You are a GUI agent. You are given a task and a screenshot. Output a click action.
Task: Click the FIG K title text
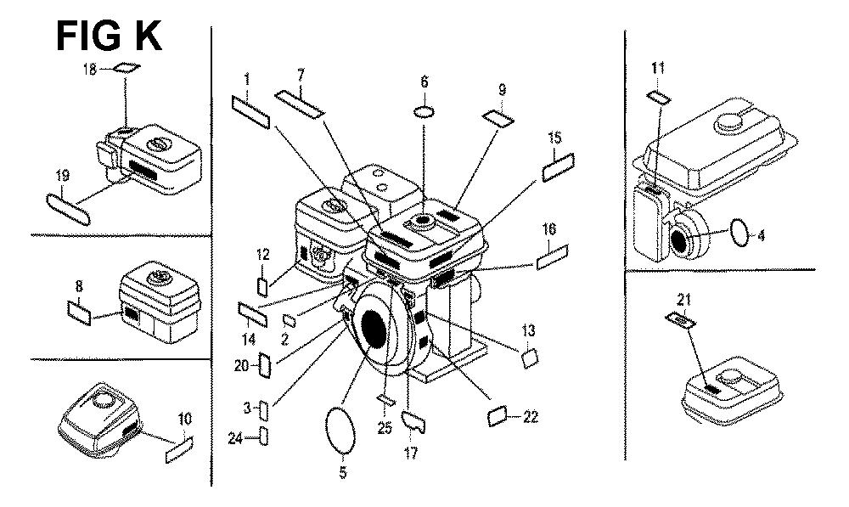click(x=108, y=36)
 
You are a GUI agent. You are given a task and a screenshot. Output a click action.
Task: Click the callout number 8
click(x=78, y=287)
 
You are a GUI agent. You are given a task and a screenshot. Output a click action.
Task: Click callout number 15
click(x=554, y=138)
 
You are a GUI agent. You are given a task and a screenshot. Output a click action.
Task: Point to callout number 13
click(x=528, y=330)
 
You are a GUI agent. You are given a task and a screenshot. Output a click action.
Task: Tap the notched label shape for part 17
click(x=413, y=419)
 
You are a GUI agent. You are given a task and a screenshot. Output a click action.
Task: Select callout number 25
click(x=385, y=429)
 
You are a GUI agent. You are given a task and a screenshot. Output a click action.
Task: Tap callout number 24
click(x=235, y=438)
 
